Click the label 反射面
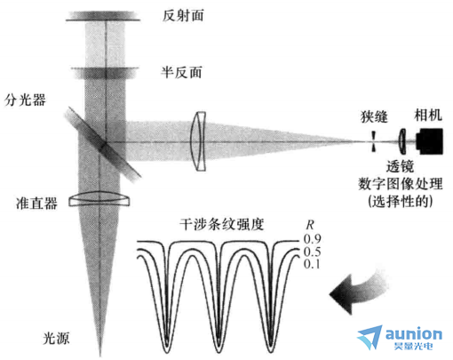(x=183, y=15)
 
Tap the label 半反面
(x=181, y=72)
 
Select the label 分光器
(x=25, y=100)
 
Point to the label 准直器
(x=36, y=204)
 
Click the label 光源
(x=56, y=338)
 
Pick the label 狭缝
(x=374, y=116)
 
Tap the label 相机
(x=428, y=115)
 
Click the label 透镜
(x=400, y=166)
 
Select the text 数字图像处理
(x=401, y=184)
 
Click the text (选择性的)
(x=401, y=202)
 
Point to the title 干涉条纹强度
(x=222, y=224)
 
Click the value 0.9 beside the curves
(x=312, y=239)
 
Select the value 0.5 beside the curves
(x=312, y=252)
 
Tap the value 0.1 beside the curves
(x=312, y=264)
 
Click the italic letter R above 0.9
(x=310, y=225)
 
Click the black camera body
(x=430, y=141)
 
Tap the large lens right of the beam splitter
(x=198, y=141)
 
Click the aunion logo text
(x=414, y=334)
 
